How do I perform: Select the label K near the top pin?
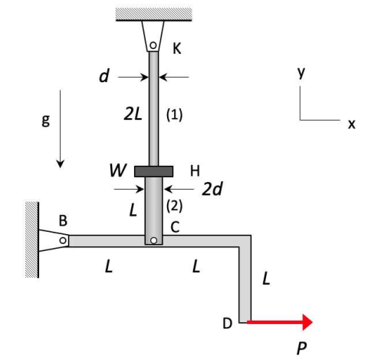177,48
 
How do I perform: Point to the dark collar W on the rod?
153,171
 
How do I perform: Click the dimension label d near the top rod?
103,77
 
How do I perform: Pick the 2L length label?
131,114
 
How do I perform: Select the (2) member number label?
176,206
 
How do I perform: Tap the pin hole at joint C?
153,240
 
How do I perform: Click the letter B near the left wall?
64,220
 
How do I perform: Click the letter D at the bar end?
227,324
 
